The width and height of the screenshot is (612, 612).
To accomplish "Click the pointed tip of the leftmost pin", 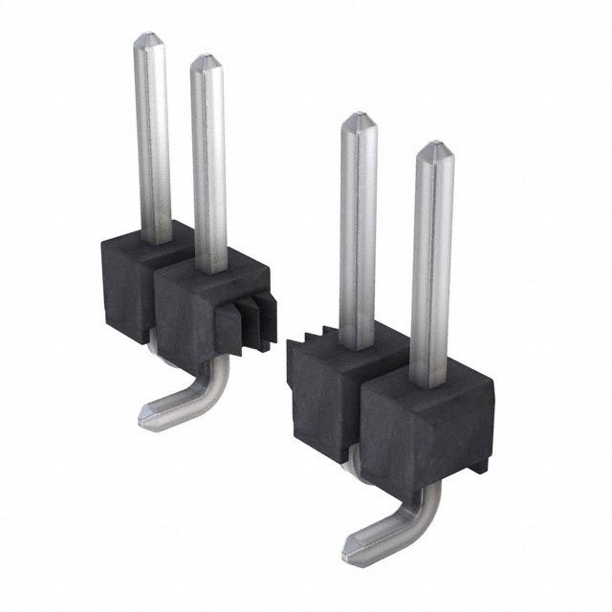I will [x=151, y=39].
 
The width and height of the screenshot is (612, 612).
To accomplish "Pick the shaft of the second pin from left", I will [x=208, y=163].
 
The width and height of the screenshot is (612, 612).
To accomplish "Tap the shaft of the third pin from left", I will [x=359, y=229].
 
